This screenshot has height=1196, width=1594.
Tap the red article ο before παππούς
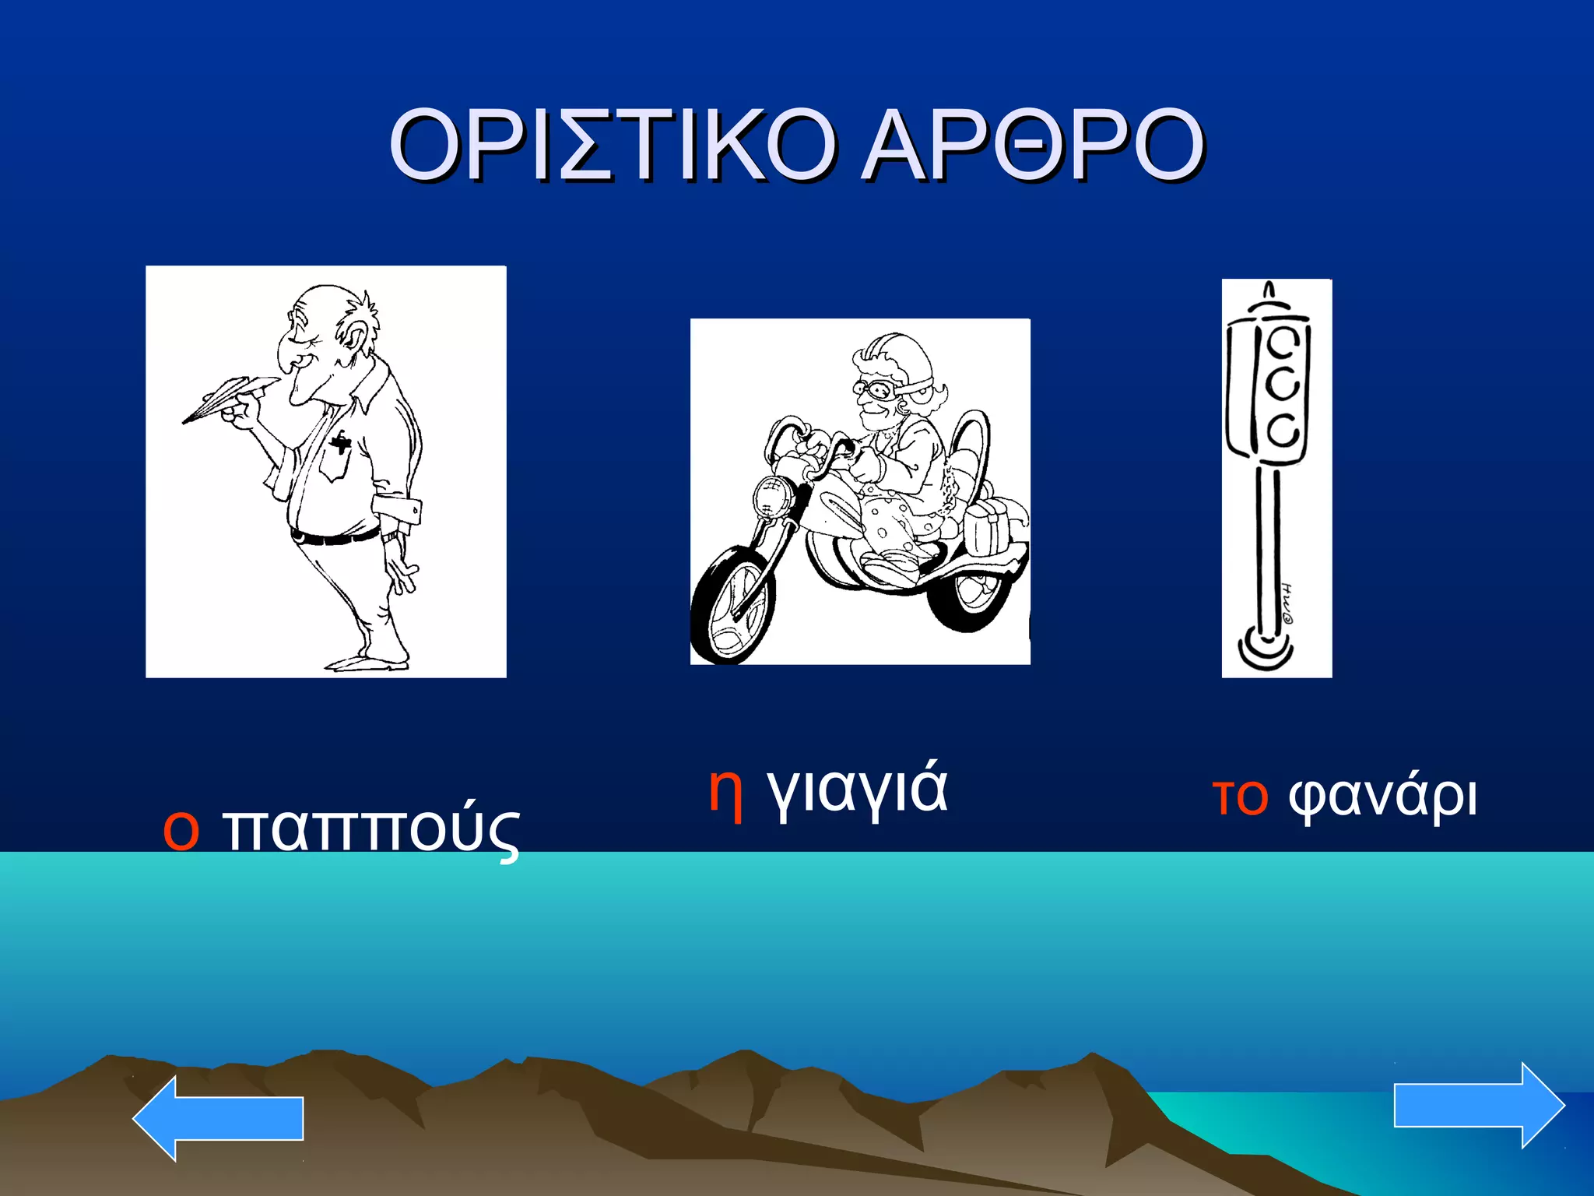pos(181,830)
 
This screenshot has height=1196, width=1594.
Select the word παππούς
pos(371,830)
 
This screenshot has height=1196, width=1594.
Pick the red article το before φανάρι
pos(1241,797)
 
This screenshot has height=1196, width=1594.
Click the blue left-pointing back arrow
pos(218,1118)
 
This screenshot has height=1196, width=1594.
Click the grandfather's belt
pos(335,536)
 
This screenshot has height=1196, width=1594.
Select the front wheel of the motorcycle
pos(732,604)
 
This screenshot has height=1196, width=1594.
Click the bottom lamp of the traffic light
pos(1283,429)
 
